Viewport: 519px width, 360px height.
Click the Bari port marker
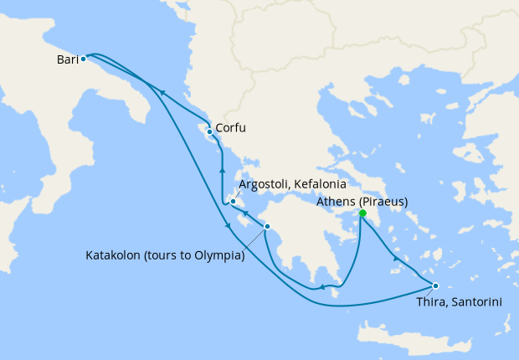[x=83, y=59]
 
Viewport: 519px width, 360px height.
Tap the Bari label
[x=68, y=59]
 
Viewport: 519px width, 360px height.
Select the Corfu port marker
[x=208, y=131]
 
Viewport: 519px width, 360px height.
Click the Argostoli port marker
[x=234, y=201]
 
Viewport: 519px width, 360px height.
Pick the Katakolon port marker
[x=267, y=227]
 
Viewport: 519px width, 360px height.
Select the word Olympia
[x=216, y=255]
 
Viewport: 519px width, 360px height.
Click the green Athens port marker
[x=362, y=213]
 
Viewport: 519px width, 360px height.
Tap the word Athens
[x=336, y=202]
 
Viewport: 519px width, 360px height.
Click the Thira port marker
[x=435, y=285]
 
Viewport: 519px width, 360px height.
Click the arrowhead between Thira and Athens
[x=395, y=261]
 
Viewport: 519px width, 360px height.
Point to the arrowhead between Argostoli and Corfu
[x=222, y=171]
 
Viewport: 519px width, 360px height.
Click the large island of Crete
[x=410, y=337]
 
